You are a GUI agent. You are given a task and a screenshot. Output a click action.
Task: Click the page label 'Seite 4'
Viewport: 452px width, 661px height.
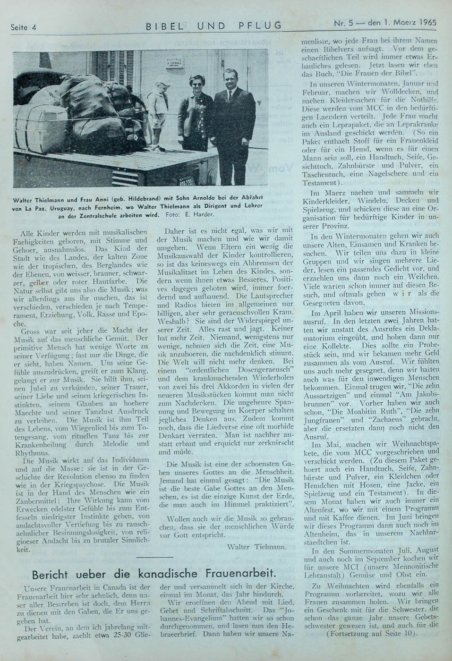(x=24, y=27)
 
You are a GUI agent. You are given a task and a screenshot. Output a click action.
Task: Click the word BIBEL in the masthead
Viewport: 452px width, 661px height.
(x=164, y=26)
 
